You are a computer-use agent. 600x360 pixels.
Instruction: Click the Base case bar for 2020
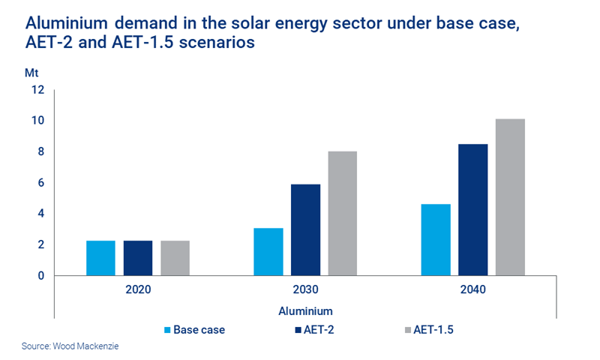coord(100,258)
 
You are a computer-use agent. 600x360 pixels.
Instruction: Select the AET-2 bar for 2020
coord(138,258)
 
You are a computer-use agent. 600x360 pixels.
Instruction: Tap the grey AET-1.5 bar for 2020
coord(175,258)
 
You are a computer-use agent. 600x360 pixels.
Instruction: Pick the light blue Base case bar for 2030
coord(268,252)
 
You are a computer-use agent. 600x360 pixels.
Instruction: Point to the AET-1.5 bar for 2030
coord(343,214)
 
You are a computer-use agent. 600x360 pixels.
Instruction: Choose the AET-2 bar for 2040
coord(473,210)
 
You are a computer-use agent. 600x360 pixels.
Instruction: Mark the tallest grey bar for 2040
coord(510,197)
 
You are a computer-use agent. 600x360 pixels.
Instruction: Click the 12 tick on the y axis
coord(38,90)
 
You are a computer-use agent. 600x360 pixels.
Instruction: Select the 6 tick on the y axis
coord(41,183)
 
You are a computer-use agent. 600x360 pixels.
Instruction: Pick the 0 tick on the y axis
coord(41,276)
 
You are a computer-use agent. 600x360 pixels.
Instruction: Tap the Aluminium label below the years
coord(306,310)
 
